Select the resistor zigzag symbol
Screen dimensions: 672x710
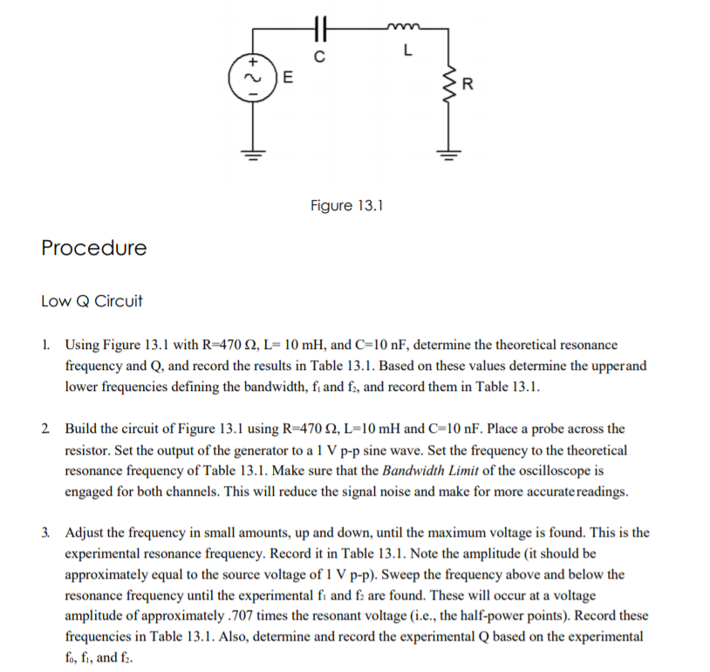click(448, 85)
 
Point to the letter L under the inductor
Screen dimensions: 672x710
click(406, 51)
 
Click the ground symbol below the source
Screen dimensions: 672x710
click(254, 155)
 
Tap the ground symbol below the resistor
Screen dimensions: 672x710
click(448, 155)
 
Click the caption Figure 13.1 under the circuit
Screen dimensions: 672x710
click(346, 206)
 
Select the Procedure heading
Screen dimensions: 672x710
click(94, 248)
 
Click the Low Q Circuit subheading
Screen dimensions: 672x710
click(92, 302)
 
